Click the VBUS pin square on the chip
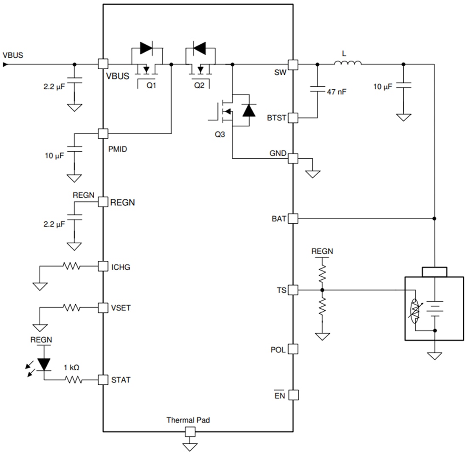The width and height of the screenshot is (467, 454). pyautogui.click(x=103, y=64)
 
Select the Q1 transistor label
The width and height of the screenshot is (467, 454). pyautogui.click(x=152, y=85)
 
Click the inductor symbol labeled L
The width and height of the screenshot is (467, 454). pyautogui.click(x=348, y=64)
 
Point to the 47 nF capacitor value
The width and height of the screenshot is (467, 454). pyautogui.click(x=337, y=91)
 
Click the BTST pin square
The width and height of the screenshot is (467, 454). pyautogui.click(x=293, y=117)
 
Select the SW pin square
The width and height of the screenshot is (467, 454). pyautogui.click(x=293, y=64)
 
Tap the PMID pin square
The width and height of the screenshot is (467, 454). pyautogui.click(x=103, y=133)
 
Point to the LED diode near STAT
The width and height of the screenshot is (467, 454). pyautogui.click(x=44, y=364)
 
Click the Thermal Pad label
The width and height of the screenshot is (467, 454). pyautogui.click(x=188, y=420)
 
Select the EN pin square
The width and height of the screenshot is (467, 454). pyautogui.click(x=293, y=395)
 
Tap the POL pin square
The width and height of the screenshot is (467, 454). pyautogui.click(x=293, y=349)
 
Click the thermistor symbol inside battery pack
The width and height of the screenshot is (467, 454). pyautogui.click(x=415, y=310)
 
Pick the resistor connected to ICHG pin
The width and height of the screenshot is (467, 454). pyautogui.click(x=71, y=266)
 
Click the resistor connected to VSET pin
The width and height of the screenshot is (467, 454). pyautogui.click(x=71, y=307)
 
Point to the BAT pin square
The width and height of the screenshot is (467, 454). pyautogui.click(x=293, y=219)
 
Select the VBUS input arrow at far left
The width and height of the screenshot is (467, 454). pyautogui.click(x=5, y=65)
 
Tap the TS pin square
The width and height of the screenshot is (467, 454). pyautogui.click(x=293, y=290)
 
